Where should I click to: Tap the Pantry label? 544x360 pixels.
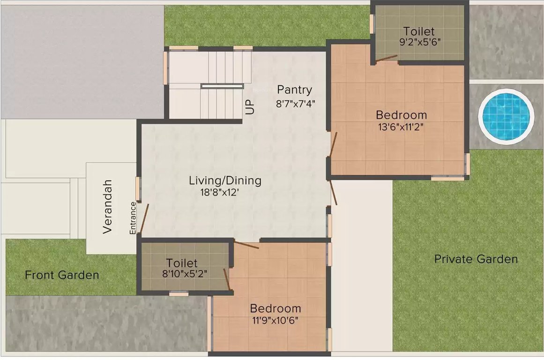[x=294, y=90]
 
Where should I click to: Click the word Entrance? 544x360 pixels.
[x=133, y=217]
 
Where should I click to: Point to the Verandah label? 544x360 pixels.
[x=108, y=206]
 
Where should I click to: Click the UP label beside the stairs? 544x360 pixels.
[x=250, y=107]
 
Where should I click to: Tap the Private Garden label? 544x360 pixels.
[x=476, y=259]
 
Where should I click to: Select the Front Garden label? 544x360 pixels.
[x=62, y=275]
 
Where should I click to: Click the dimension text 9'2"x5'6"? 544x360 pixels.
[x=419, y=42]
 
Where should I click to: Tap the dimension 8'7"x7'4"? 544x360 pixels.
[x=295, y=103]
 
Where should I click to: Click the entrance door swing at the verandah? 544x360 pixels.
[x=144, y=219]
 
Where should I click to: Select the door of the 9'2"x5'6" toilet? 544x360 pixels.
[x=387, y=59]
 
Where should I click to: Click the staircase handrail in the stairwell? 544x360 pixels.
[x=222, y=86]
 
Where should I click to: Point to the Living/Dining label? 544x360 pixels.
[x=225, y=180]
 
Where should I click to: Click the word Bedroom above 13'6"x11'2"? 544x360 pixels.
[x=402, y=115]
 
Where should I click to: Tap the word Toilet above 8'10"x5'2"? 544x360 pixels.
[x=182, y=263]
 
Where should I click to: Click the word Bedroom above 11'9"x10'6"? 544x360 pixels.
[x=276, y=309]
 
